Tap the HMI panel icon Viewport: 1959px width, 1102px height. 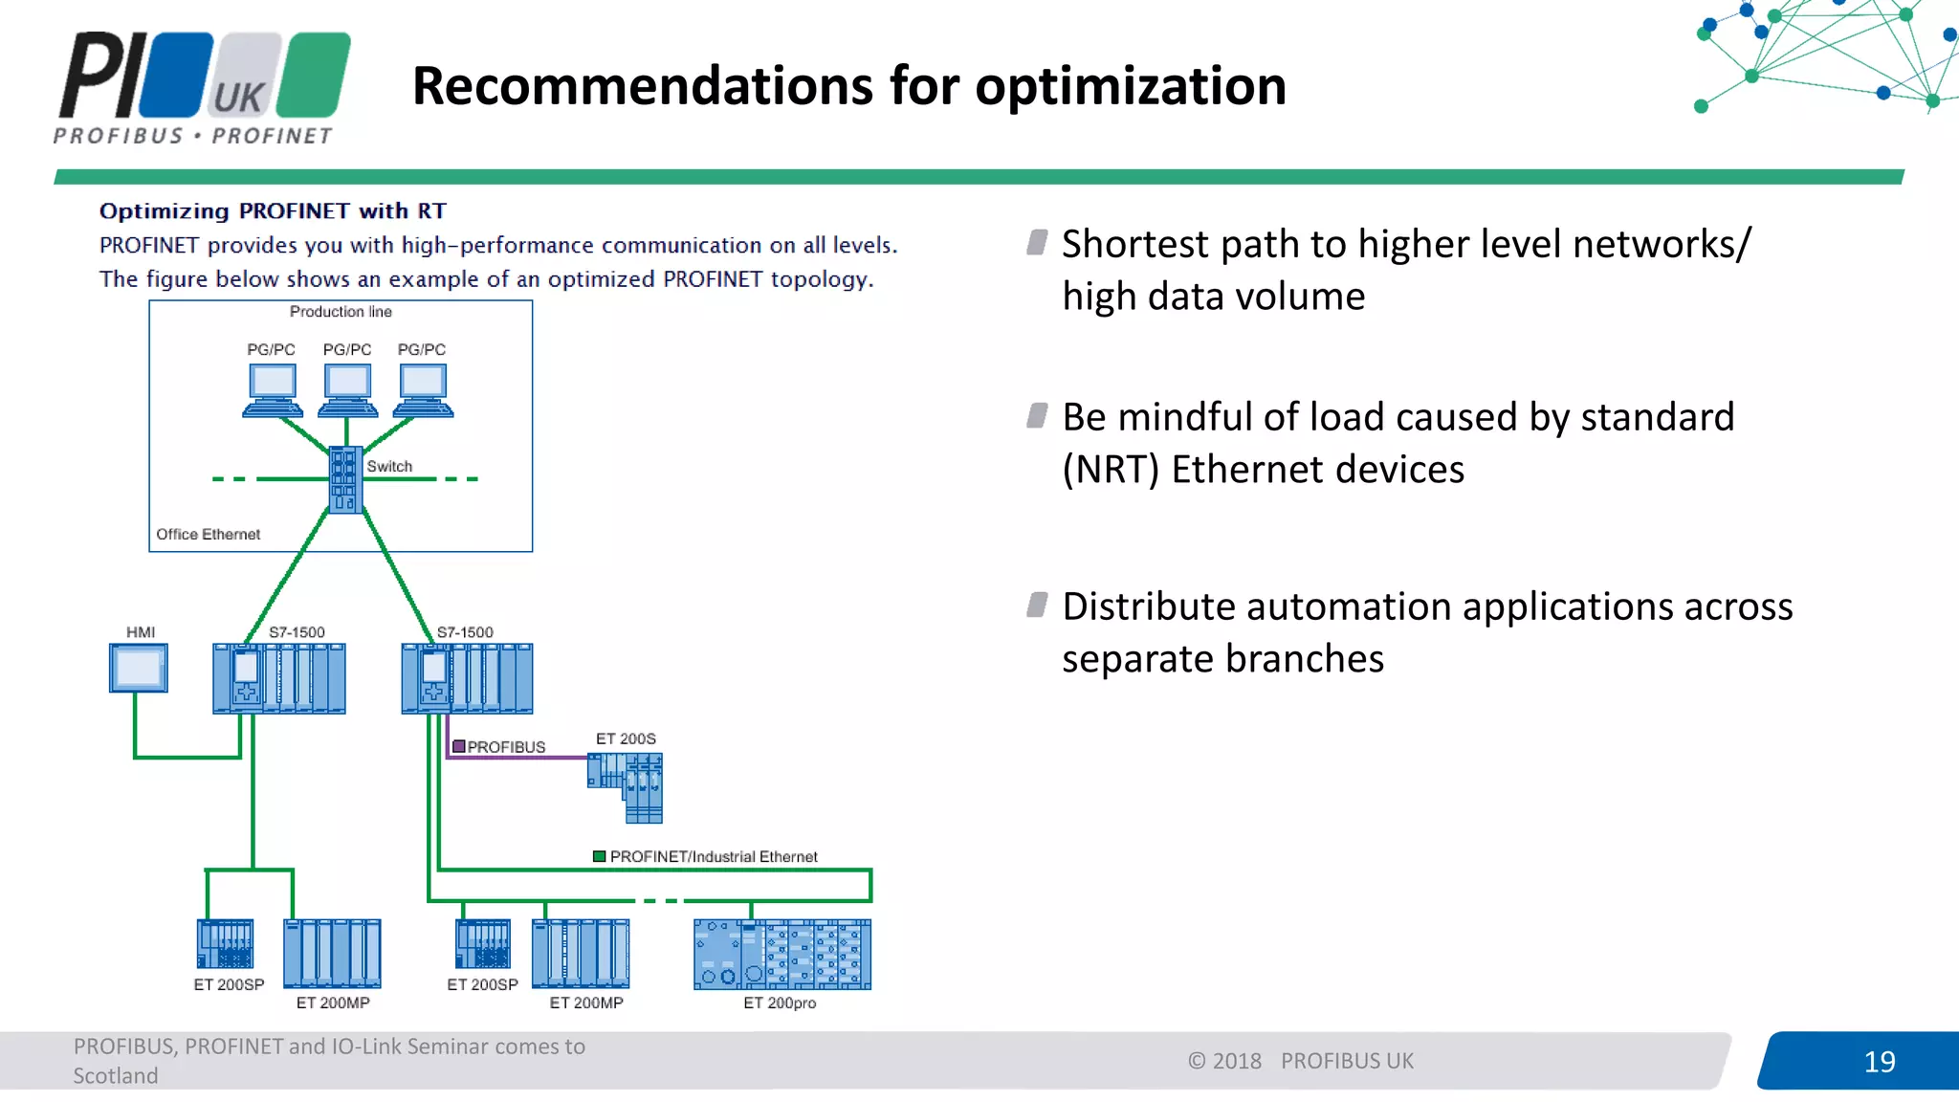(139, 668)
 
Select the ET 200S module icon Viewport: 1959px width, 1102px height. (627, 786)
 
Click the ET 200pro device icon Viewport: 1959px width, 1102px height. (782, 954)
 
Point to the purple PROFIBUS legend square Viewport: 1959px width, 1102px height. (459, 746)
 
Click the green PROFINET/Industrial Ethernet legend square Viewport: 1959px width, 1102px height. (600, 856)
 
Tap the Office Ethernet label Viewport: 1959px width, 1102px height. (208, 534)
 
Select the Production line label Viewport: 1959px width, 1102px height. (341, 312)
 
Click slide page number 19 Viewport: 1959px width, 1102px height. (1879, 1061)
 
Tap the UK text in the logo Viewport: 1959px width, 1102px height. (238, 98)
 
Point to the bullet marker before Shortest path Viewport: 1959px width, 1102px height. (1037, 242)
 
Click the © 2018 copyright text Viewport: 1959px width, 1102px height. (1224, 1061)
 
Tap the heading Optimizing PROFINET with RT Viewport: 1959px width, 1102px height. (273, 210)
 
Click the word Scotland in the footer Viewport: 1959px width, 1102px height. (116, 1076)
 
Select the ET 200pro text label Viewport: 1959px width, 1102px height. (780, 1003)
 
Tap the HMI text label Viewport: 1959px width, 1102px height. (141, 632)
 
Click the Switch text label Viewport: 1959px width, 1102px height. (389, 466)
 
